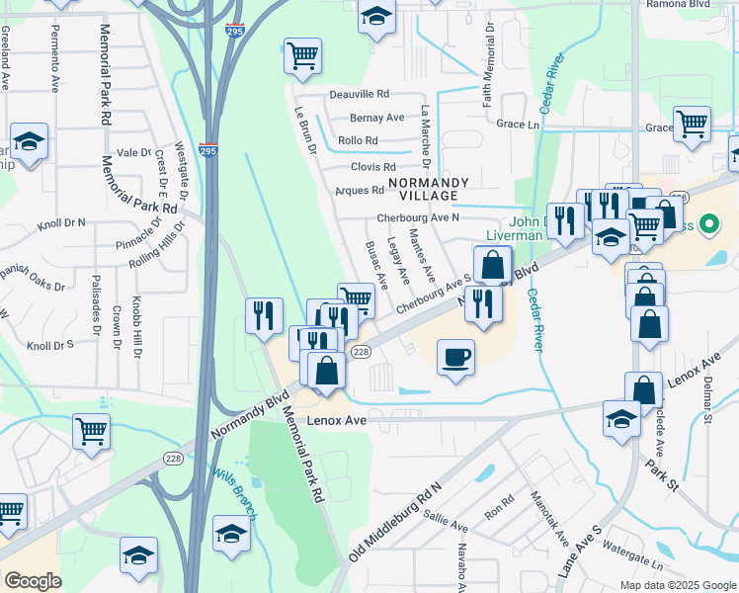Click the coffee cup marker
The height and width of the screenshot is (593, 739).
point(455,357)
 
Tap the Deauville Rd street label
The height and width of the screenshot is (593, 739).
point(359,94)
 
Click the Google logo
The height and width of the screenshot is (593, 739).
point(33,581)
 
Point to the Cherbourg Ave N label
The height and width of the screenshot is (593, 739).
point(418,217)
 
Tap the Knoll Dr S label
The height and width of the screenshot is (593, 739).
point(50,346)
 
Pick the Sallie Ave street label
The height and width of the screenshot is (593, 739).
point(443,516)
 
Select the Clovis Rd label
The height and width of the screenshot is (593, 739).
point(373,167)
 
